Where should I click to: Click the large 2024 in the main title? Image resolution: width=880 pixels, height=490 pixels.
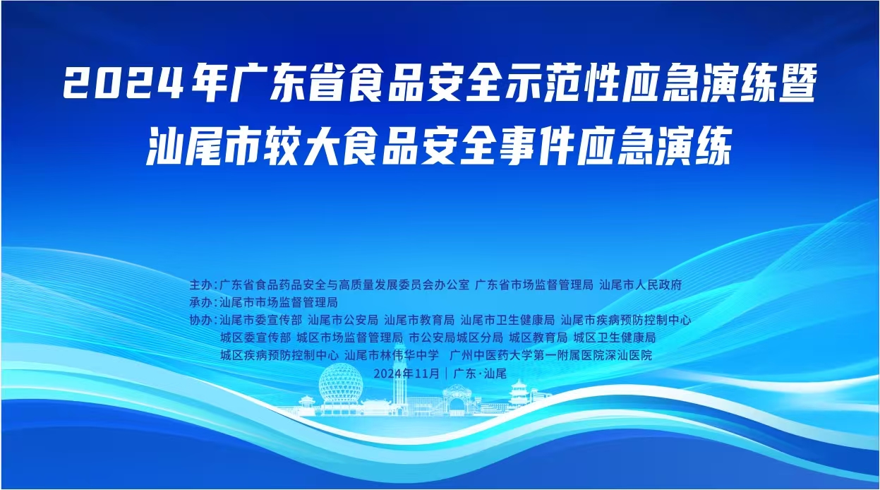123,82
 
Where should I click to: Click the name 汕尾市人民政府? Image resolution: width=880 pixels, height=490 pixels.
641,285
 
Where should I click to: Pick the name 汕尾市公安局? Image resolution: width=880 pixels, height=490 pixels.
343,320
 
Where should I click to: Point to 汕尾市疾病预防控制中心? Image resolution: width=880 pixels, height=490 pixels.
626,320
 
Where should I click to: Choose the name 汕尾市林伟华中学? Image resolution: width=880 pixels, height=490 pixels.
392,355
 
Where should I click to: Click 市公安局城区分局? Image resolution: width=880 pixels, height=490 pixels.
456,337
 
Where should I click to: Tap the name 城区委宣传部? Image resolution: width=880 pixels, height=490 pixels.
255,337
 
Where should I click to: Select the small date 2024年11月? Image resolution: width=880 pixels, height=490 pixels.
406,374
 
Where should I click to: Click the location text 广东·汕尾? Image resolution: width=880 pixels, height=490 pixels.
480,374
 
